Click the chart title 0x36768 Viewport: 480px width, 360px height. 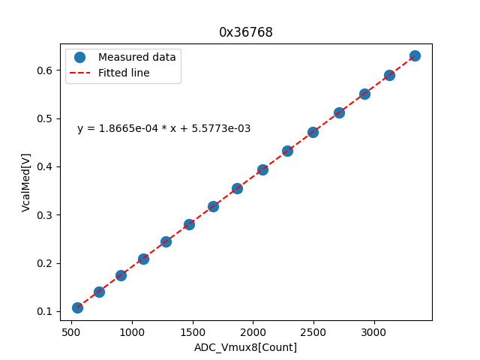click(x=245, y=32)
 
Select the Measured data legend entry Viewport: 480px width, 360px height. click(x=136, y=57)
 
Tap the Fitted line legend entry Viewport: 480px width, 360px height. click(x=124, y=73)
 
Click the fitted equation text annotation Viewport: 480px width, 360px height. click(x=163, y=129)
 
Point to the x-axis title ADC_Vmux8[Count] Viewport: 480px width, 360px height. click(x=245, y=347)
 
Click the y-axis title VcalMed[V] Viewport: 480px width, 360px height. click(x=26, y=182)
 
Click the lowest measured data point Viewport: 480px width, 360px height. click(x=77, y=307)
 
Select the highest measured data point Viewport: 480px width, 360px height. click(x=415, y=55)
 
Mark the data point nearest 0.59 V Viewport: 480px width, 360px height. click(x=389, y=75)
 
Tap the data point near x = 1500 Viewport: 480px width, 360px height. click(x=189, y=224)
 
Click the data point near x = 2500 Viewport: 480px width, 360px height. click(x=313, y=132)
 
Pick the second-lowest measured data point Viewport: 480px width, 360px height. click(x=99, y=292)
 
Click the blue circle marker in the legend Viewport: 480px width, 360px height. click(x=80, y=57)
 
